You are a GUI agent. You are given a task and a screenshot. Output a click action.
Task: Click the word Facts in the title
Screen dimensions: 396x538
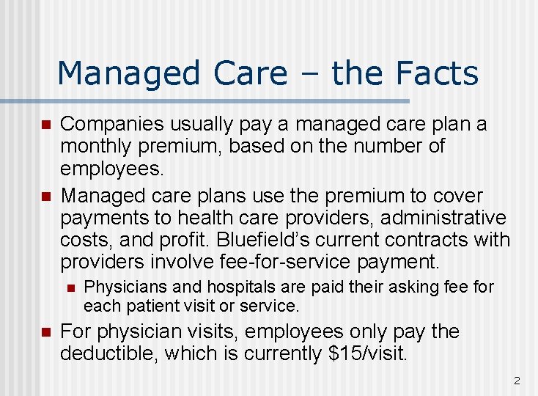438,73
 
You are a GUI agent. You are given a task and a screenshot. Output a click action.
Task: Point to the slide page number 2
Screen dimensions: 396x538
517,381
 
